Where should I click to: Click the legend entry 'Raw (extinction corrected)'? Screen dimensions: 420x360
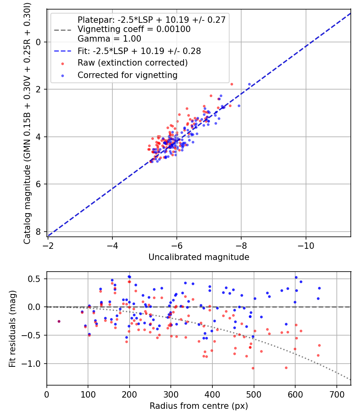[132, 63]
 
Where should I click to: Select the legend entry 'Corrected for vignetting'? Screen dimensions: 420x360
[127, 75]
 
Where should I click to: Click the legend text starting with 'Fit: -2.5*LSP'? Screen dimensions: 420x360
[139, 51]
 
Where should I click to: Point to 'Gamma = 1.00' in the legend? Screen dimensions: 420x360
[109, 39]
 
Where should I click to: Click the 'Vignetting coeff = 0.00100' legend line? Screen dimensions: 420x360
[134, 29]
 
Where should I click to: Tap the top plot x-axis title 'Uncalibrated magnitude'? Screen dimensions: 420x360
[199, 257]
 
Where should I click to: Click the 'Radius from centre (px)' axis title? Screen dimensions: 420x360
[199, 406]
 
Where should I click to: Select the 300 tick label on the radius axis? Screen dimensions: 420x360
[171, 394]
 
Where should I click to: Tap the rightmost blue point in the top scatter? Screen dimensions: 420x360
[249, 84]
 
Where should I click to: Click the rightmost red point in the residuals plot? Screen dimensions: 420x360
[319, 345]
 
